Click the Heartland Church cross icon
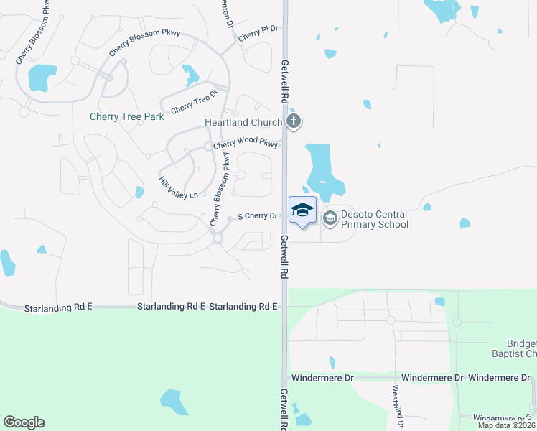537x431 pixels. pos(293,121)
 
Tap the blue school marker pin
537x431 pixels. pos(302,210)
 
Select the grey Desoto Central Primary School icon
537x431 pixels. pos(330,218)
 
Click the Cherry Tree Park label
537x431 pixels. pos(127,116)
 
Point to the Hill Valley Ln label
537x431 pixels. pos(177,189)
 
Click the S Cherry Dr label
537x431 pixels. pos(257,216)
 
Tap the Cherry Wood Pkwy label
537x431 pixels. pos(245,144)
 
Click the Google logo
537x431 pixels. pos(24,422)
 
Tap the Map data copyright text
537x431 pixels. pos(507,425)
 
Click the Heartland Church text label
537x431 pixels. pos(243,123)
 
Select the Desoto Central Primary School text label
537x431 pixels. pos(374,219)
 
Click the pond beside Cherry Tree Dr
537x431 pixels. pos(190,74)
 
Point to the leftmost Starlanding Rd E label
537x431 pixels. pos(58,308)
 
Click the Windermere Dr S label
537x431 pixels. pos(503,417)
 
